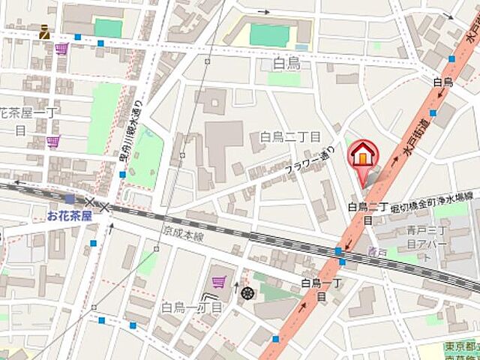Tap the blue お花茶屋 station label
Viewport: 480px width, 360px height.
pyautogui.click(x=70, y=216)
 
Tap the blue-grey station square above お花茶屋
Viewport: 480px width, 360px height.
pyautogui.click(x=70, y=199)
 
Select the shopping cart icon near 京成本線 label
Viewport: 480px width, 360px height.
pyautogui.click(x=219, y=282)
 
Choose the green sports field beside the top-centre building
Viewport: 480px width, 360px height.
pyautogui.click(x=269, y=34)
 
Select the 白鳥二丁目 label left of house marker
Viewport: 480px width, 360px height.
pyautogui.click(x=290, y=136)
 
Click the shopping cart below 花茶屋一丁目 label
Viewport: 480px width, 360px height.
pyautogui.click(x=52, y=142)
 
